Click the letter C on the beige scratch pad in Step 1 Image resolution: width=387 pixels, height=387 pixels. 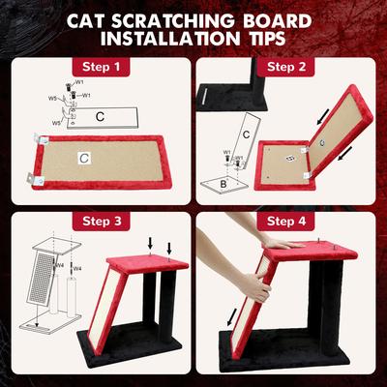85,157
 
